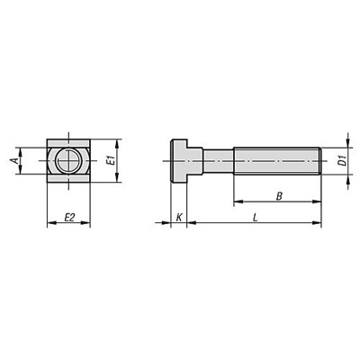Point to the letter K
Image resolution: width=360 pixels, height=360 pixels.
pos(178,217)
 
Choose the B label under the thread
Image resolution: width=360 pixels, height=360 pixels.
pos(280,193)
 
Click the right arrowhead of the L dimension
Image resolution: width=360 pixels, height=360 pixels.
pos(317,224)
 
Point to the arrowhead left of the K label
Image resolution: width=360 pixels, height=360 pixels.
pos(165,224)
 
